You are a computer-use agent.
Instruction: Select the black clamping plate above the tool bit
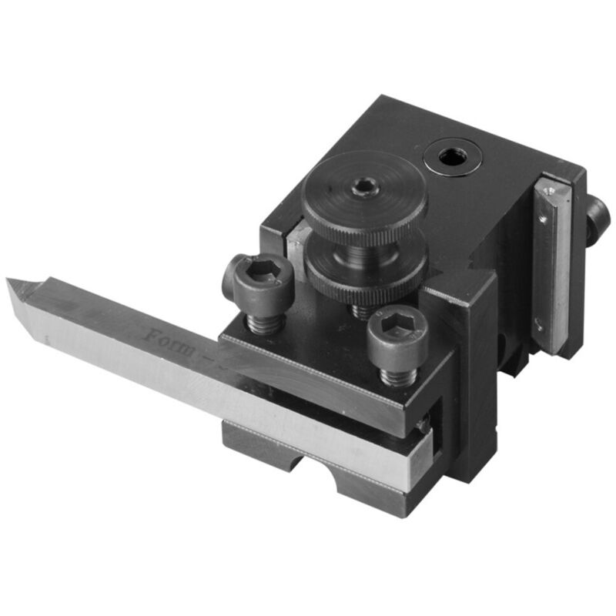pyautogui.click(x=323, y=377)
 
